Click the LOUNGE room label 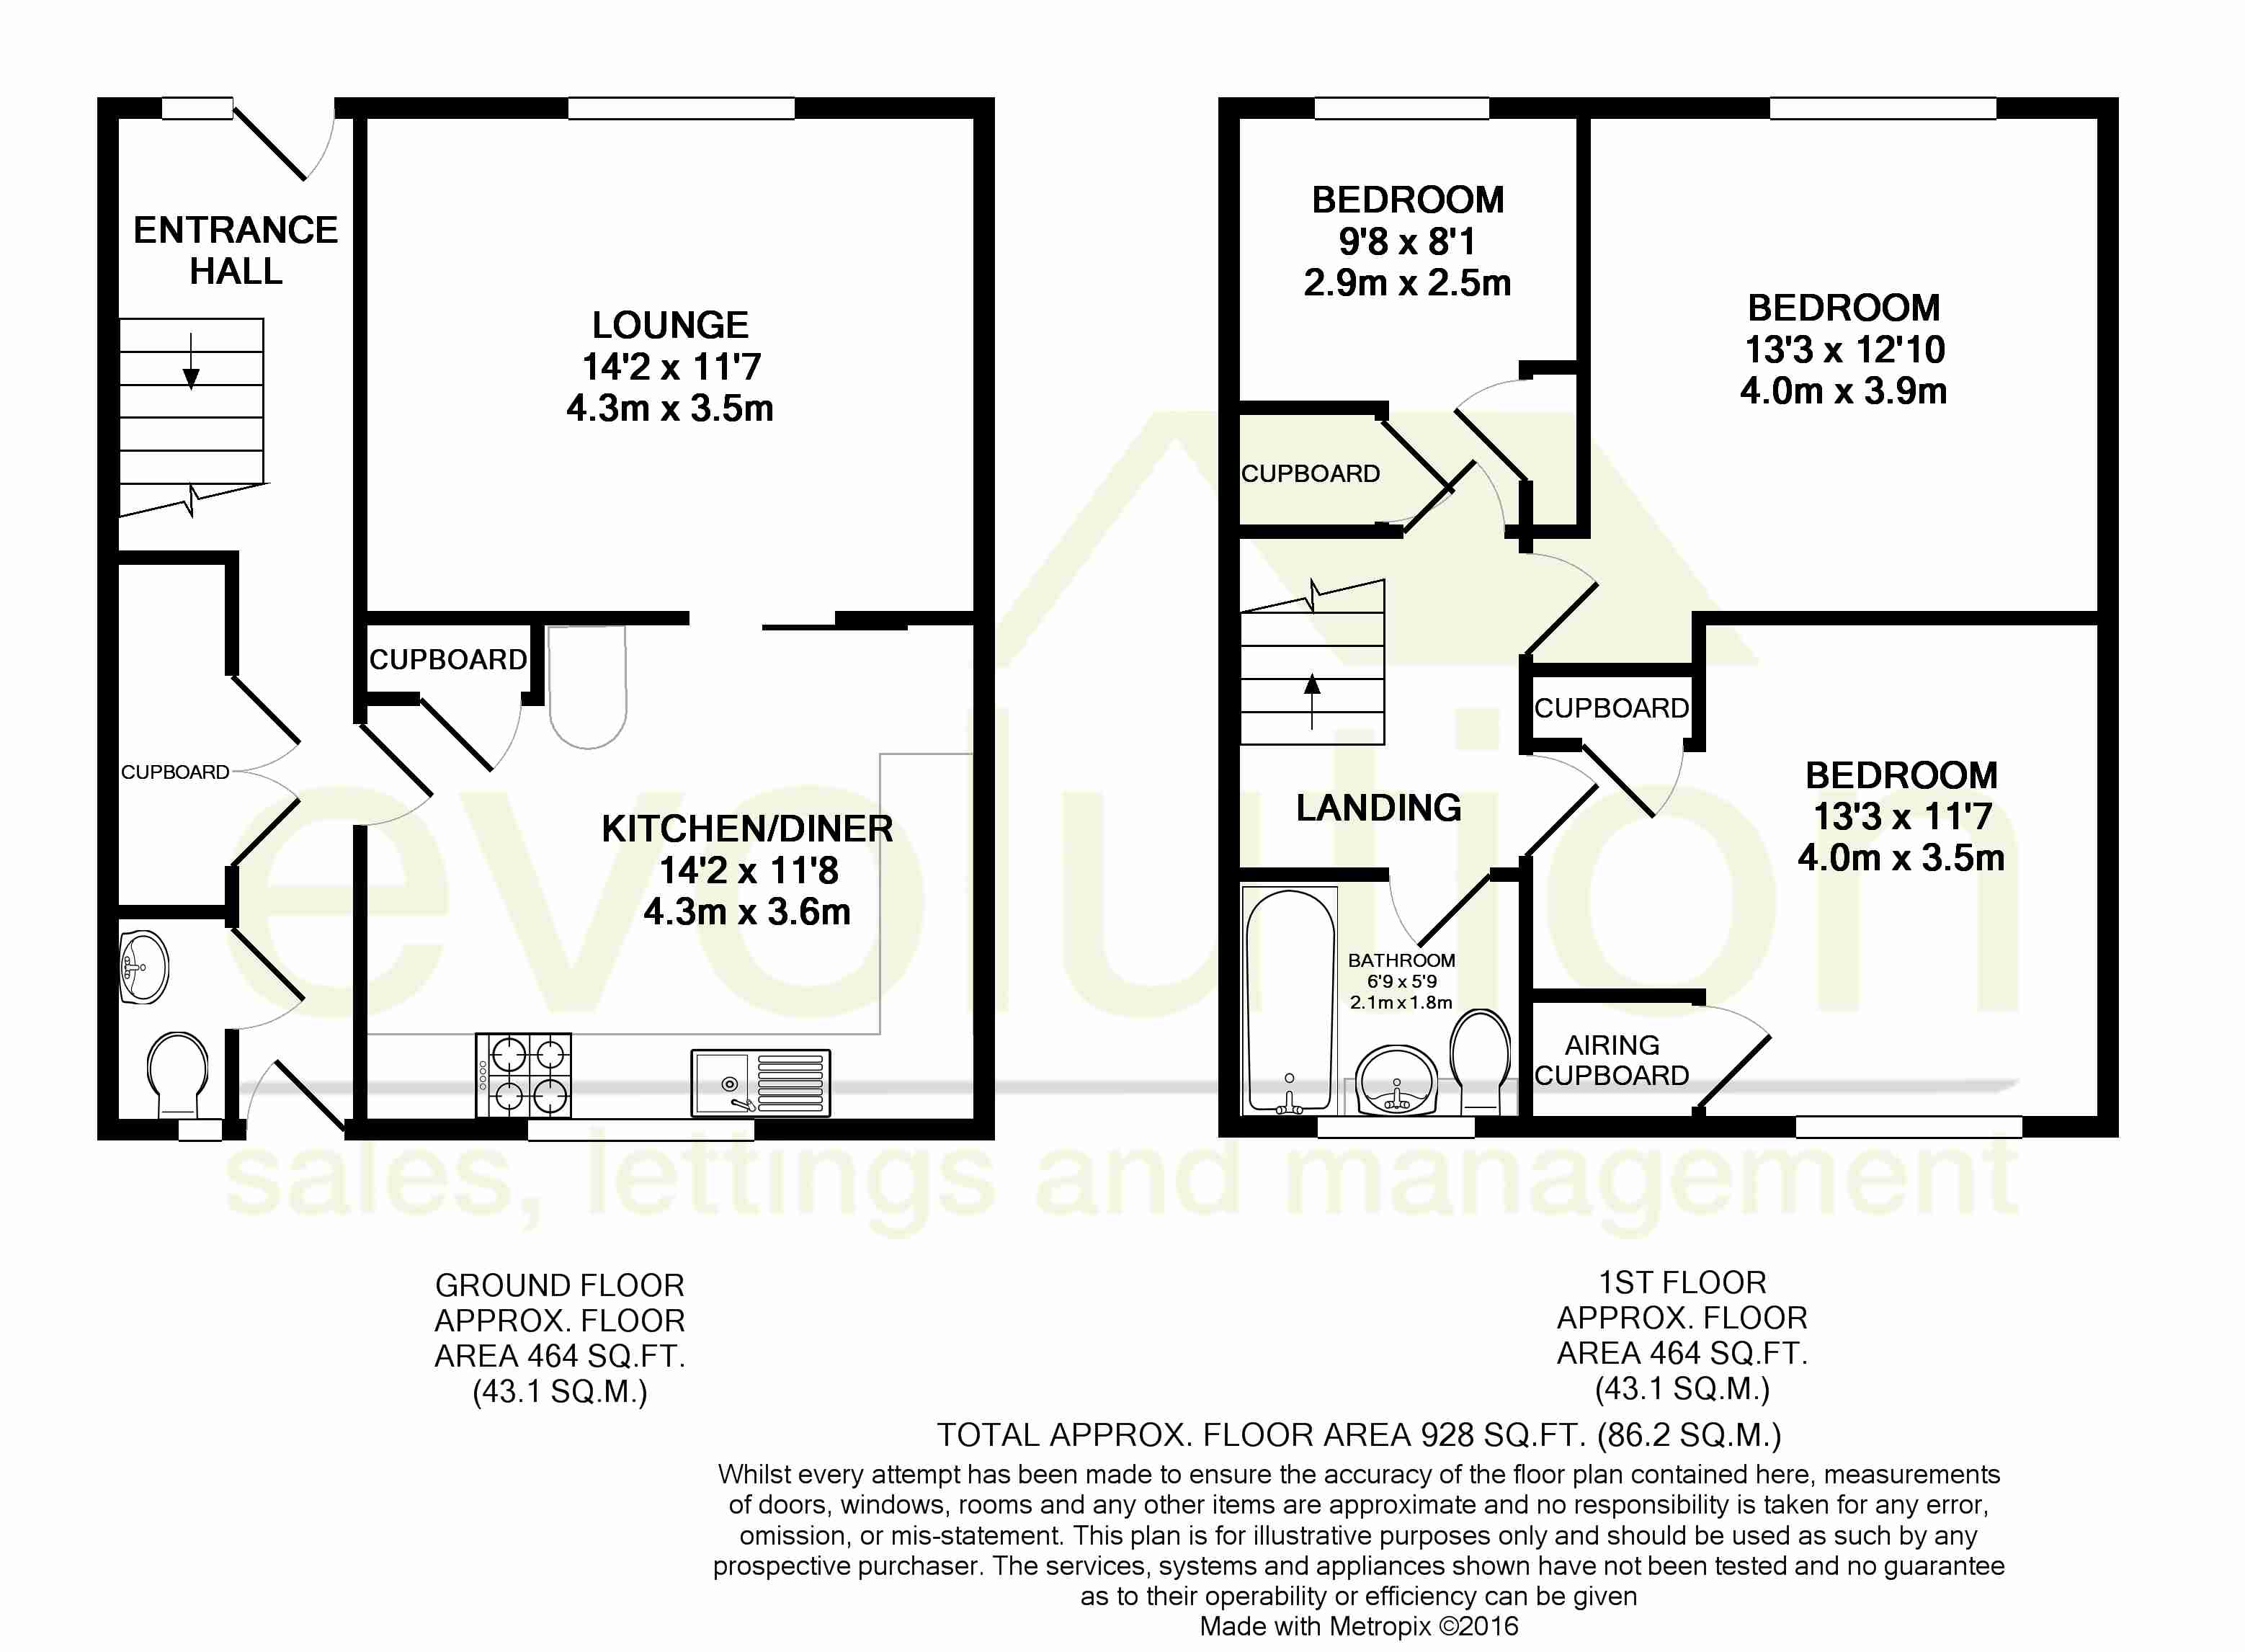[x=670, y=325]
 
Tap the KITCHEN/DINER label [x=747, y=829]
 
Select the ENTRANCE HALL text [x=236, y=250]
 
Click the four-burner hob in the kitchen [x=523, y=1075]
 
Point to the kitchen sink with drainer [x=760, y=1082]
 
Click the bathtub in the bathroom [x=1290, y=1001]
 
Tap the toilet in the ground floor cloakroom [x=178, y=1075]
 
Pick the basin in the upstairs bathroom [x=1397, y=1080]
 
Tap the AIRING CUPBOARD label [x=1612, y=1060]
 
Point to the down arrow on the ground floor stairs [x=191, y=360]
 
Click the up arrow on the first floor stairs [x=1312, y=701]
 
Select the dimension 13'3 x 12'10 [x=1845, y=349]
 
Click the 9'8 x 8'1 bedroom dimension [x=1407, y=241]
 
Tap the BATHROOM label [x=1401, y=960]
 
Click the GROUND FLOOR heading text [x=560, y=1285]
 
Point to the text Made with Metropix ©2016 [x=1359, y=1626]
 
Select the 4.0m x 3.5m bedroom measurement [x=1901, y=858]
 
